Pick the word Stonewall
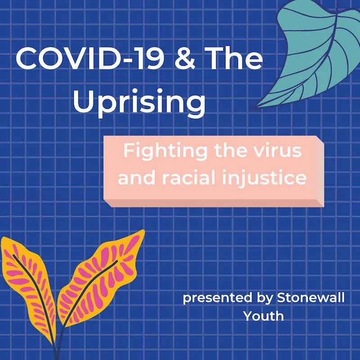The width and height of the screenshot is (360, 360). pos(314,298)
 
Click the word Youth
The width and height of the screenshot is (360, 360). pos(264,316)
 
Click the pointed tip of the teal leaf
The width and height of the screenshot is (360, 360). pos(257,107)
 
